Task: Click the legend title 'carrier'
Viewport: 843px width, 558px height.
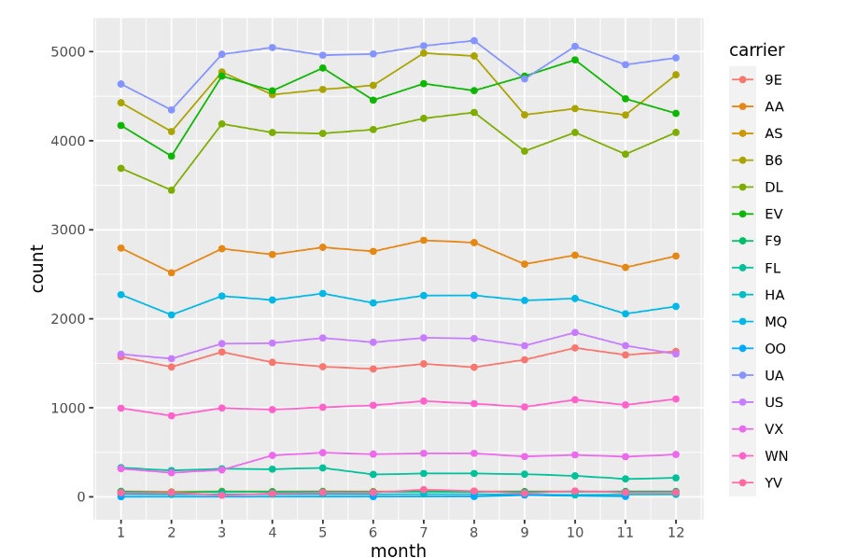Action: [x=756, y=50]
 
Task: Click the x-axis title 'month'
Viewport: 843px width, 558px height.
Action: [x=398, y=551]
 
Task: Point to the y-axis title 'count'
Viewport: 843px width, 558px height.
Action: [x=37, y=269]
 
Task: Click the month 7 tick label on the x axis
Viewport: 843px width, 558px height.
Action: [x=423, y=531]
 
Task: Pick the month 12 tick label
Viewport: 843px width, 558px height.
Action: [x=675, y=531]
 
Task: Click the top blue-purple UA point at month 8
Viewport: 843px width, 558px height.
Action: [x=473, y=41]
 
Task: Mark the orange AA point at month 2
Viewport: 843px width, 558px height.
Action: [x=171, y=272]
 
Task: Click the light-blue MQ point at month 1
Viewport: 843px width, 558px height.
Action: [x=120, y=295]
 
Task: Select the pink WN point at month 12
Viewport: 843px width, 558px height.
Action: [x=675, y=399]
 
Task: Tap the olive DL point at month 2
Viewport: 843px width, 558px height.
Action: [x=171, y=190]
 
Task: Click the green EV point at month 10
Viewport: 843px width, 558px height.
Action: [x=574, y=60]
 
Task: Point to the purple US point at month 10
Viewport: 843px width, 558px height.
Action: [x=574, y=332]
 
